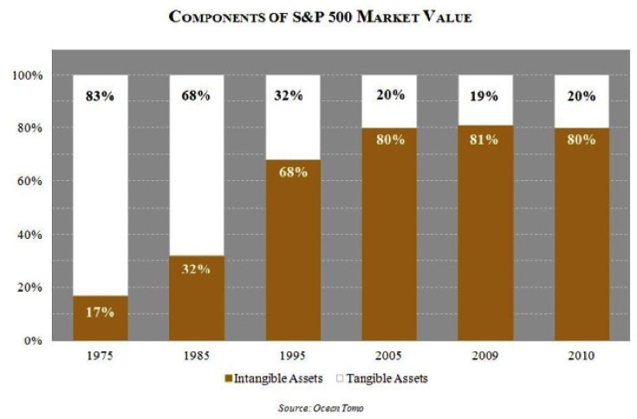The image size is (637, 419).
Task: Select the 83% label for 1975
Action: pos(99,96)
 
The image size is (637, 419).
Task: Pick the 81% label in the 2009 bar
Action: pos(483,139)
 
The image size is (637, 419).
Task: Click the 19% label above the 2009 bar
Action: pos(483,96)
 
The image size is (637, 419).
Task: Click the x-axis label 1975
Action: pos(99,355)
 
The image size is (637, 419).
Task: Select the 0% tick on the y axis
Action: pos(33,340)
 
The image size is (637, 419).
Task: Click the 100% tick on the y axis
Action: pos(27,75)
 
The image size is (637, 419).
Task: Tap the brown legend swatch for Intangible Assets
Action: pos(230,379)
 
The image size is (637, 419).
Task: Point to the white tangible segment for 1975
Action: pos(99,190)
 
